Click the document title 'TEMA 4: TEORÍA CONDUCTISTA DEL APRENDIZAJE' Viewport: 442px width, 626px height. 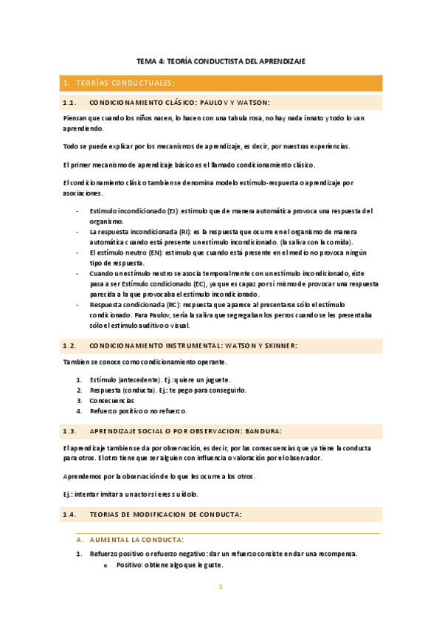pos(221,61)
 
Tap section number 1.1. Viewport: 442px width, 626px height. pos(71,103)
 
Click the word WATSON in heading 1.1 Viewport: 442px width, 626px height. pos(250,103)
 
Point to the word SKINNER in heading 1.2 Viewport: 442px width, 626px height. pos(277,345)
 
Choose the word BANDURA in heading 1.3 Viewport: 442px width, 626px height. pos(261,430)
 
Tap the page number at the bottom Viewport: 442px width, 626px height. pos(220,588)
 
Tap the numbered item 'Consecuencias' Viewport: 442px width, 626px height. pos(112,400)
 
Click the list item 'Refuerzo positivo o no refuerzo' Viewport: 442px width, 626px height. pos(139,410)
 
